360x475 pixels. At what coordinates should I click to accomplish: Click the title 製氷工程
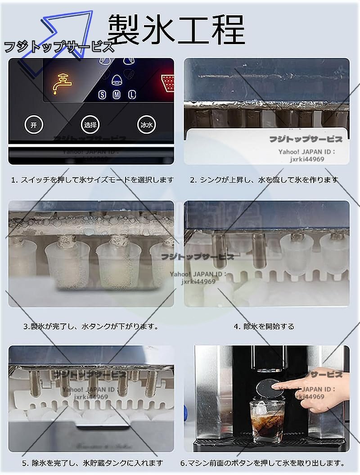click(176, 29)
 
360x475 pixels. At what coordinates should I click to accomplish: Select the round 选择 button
click(90, 125)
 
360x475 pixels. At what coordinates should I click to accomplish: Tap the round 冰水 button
click(146, 125)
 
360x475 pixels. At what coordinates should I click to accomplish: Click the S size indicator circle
click(103, 94)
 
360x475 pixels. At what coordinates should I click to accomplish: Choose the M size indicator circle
click(117, 94)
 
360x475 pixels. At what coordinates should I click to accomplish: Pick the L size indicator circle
click(131, 94)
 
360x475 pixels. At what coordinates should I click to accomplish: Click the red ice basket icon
click(167, 83)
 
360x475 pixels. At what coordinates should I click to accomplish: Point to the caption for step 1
click(92, 180)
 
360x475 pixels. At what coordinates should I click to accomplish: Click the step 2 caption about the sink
click(264, 180)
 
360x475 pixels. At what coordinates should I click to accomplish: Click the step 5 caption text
click(92, 463)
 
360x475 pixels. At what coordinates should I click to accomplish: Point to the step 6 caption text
click(263, 463)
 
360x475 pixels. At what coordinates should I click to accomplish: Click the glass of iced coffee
click(267, 421)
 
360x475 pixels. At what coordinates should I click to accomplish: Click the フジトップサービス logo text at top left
click(58, 47)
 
